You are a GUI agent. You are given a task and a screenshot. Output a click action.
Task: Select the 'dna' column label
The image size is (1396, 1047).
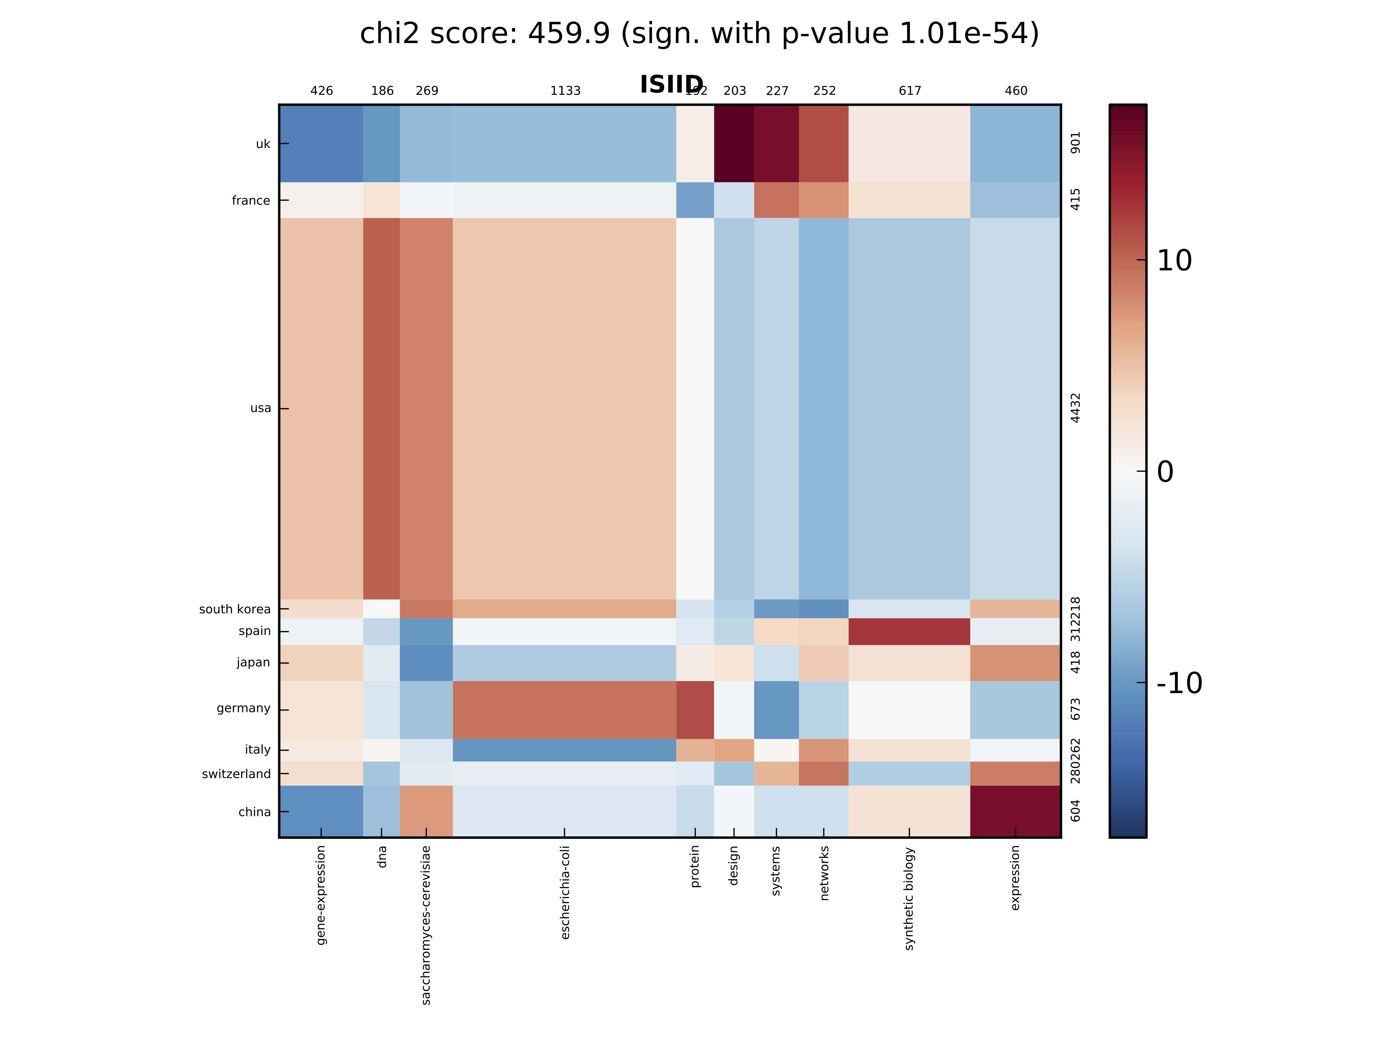pyautogui.click(x=382, y=857)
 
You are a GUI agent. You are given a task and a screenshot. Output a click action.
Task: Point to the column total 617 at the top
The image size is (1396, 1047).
pyautogui.click(x=909, y=91)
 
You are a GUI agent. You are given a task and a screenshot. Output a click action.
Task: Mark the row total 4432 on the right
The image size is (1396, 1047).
pyautogui.click(x=1076, y=408)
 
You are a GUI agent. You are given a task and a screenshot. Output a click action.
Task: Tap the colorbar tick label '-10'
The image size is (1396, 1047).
pyautogui.click(x=1179, y=683)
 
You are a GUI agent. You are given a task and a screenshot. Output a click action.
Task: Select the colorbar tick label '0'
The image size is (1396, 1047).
pyautogui.click(x=1165, y=471)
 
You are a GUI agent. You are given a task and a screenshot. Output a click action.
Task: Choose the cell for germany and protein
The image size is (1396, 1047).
pyautogui.click(x=695, y=709)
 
